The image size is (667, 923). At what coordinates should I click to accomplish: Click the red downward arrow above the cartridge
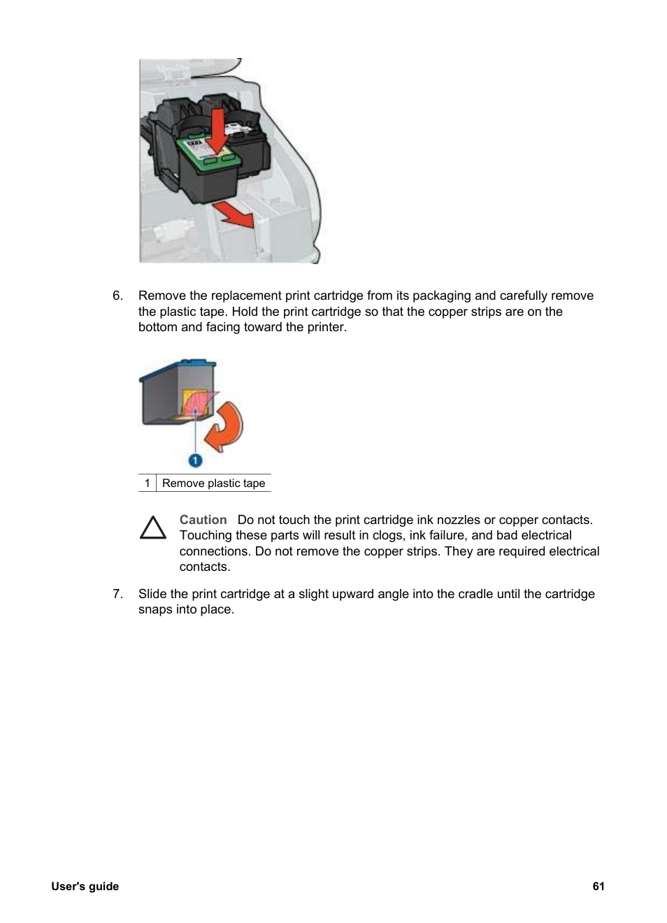point(217,130)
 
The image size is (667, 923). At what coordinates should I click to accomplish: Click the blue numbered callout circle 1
point(195,460)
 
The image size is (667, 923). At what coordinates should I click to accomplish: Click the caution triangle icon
point(153,528)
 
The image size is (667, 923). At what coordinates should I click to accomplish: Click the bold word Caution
point(203,520)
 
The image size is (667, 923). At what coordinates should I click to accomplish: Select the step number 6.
point(117,296)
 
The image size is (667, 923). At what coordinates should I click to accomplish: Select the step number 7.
point(117,594)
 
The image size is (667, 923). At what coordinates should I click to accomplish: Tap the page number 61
point(598,886)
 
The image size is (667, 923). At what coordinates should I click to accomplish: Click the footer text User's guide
point(85,886)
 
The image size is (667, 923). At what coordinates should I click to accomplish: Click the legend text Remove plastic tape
point(213,484)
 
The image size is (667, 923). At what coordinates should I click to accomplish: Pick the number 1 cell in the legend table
point(147,484)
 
